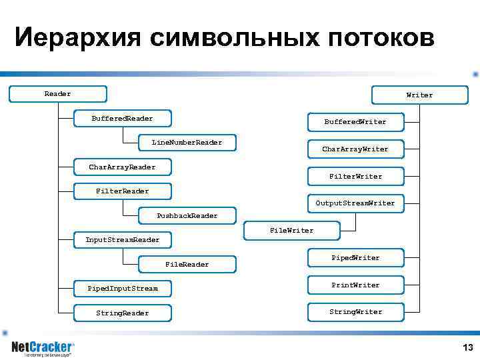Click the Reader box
[58, 94]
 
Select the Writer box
[419, 95]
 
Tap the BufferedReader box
[123, 119]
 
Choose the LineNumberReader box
[187, 143]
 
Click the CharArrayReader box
[123, 167]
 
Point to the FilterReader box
[123, 191]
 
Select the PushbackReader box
[187, 216]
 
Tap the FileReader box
[187, 265]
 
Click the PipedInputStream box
[123, 289]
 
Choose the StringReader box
[123, 313]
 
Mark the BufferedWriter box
[355, 122]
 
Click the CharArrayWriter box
[355, 149]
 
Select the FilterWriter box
[355, 177]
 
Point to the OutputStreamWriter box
[355, 203]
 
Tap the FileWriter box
[291, 231]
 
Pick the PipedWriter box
[355, 258]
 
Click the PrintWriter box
[355, 285]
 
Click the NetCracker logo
[43, 347]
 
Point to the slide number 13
[467, 347]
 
